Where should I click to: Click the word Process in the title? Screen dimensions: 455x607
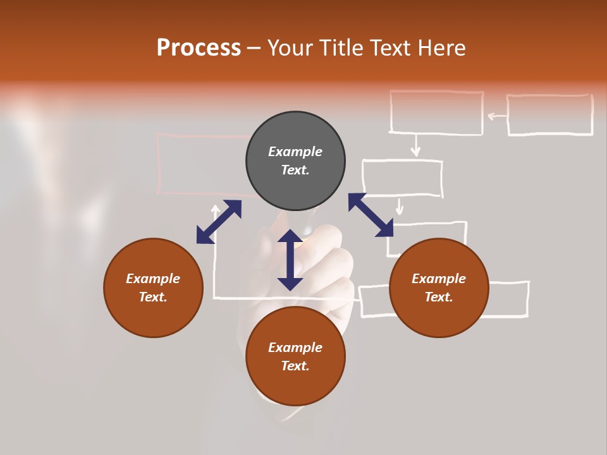[x=199, y=48]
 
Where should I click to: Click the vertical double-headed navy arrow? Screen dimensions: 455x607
[x=290, y=260]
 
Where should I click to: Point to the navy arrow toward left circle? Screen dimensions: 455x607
[x=219, y=222]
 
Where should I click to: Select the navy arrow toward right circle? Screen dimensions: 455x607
[x=371, y=215]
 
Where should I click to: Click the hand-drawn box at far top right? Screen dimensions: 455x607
[x=549, y=115]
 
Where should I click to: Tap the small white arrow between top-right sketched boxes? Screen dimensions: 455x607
[x=496, y=116]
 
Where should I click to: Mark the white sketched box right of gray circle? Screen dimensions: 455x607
[x=402, y=178]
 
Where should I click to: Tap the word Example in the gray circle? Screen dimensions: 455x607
[x=295, y=152]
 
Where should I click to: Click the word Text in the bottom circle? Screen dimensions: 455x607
[x=295, y=366]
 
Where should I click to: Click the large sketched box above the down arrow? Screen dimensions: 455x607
[x=436, y=112]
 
